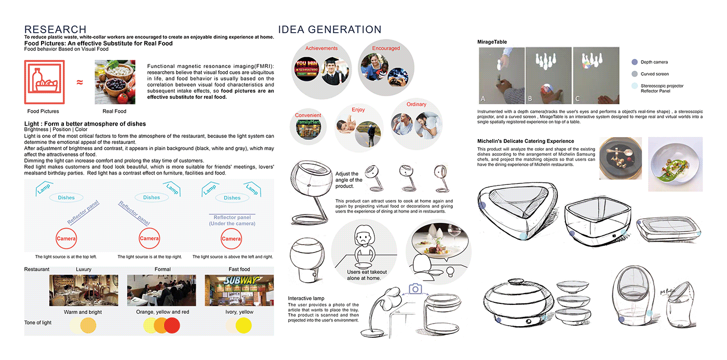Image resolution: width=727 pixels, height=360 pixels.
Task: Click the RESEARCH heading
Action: click(55, 30)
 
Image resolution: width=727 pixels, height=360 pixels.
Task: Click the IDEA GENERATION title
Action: click(330, 30)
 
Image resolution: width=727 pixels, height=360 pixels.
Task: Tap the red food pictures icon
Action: click(44, 83)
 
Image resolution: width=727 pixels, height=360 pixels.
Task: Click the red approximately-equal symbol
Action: click(79, 83)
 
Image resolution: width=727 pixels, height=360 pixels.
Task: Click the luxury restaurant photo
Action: click(83, 290)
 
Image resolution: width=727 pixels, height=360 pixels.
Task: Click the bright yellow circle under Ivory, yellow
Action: click(243, 326)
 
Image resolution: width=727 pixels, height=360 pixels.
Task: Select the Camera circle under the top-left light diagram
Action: click(67, 238)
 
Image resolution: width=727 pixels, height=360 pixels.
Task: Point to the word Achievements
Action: click(321, 48)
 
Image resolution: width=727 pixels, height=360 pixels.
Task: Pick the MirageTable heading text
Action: click(492, 42)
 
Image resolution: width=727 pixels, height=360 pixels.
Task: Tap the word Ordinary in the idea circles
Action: click(416, 104)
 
